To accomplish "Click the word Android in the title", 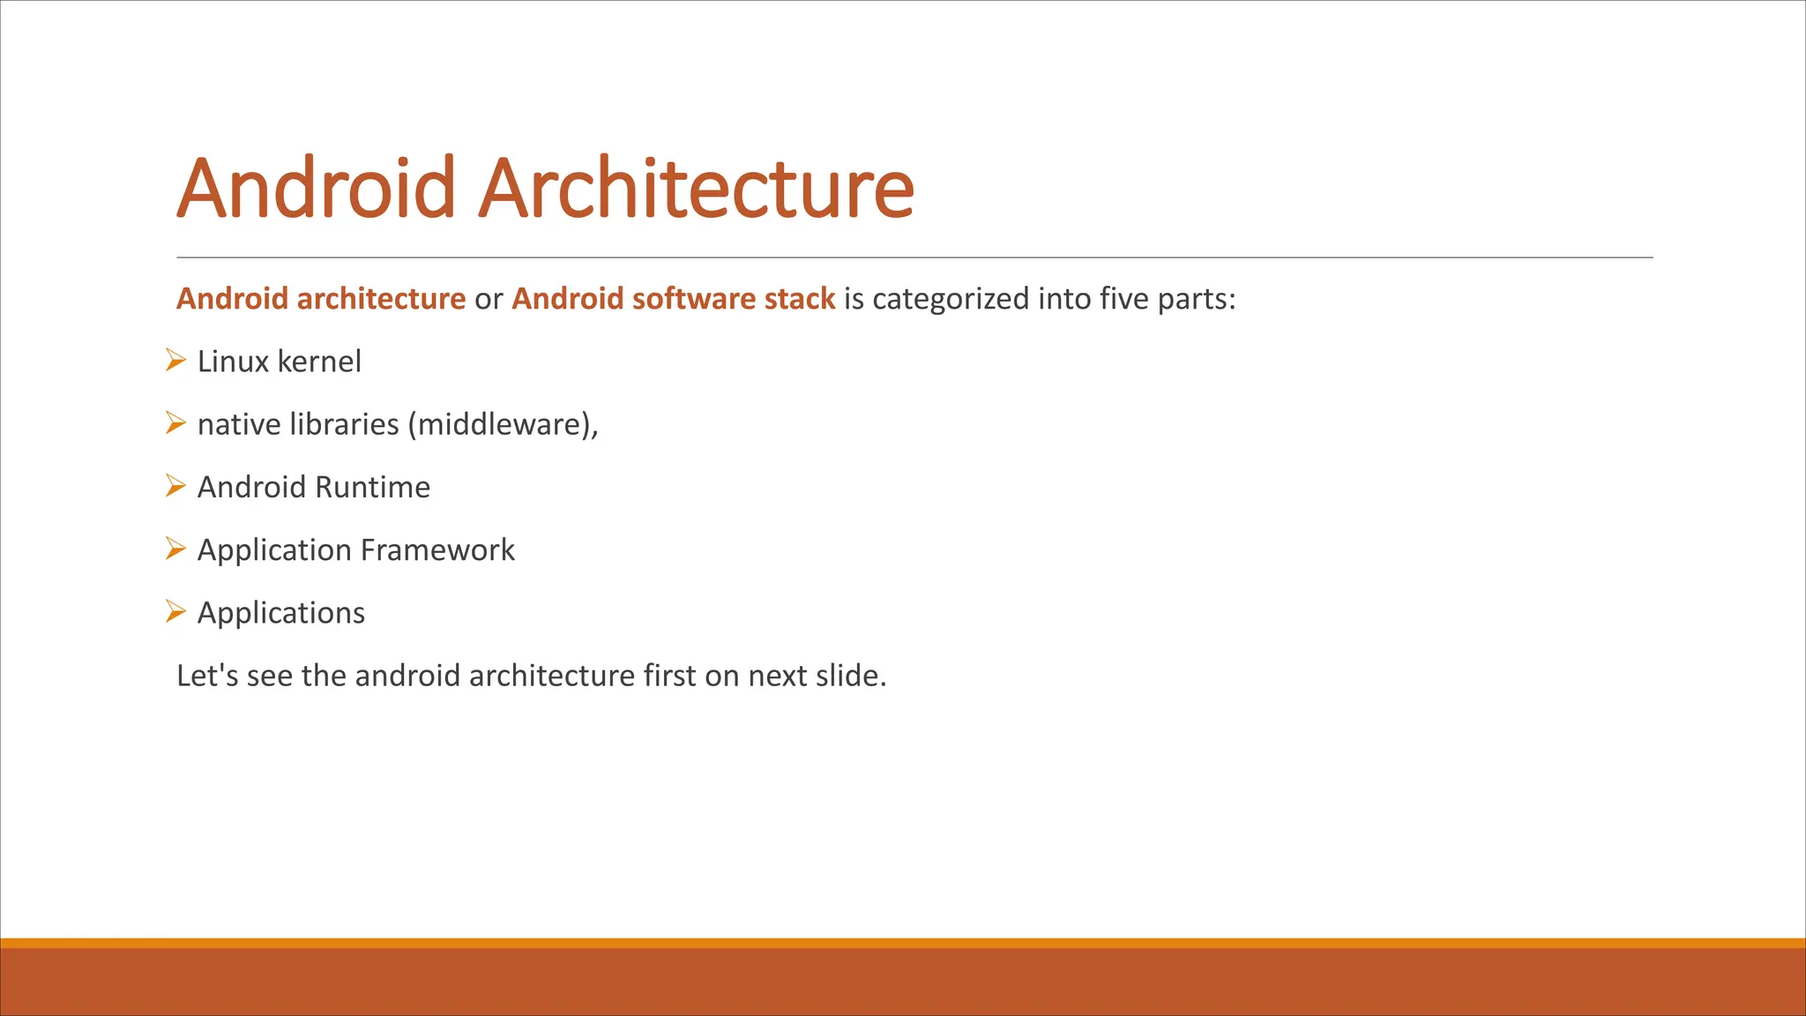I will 316,188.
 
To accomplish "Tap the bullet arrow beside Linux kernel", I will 175,361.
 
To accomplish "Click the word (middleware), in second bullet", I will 503,425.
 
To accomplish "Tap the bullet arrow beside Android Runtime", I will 175,486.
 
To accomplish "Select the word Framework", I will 437,550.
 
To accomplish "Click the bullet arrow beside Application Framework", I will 175,549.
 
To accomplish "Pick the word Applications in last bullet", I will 280,613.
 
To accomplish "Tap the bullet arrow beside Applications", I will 175,611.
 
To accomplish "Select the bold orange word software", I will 694,299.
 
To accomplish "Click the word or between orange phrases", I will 489,300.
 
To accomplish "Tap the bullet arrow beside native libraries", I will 175,423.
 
